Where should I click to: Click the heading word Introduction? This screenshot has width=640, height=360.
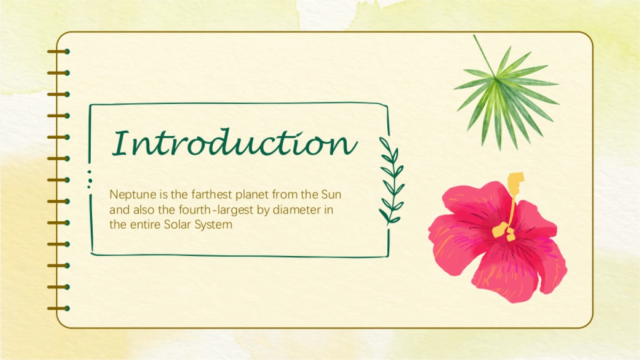(x=234, y=142)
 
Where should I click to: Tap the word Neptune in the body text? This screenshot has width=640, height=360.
(x=133, y=195)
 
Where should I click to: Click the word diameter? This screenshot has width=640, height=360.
(x=297, y=210)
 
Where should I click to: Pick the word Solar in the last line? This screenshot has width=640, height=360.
(x=177, y=225)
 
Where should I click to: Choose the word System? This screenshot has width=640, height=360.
(x=213, y=225)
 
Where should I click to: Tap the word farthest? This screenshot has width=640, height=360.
(x=211, y=195)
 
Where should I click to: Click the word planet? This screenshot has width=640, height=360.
(x=252, y=195)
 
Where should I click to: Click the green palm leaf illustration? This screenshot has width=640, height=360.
(x=506, y=94)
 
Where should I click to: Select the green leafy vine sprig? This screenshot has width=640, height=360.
(x=391, y=181)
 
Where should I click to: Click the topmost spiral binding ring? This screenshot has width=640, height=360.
(x=59, y=51)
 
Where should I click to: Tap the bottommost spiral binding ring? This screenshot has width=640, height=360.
(x=59, y=309)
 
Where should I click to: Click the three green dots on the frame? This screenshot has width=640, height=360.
(x=90, y=179)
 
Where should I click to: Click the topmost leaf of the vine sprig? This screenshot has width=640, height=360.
(x=385, y=143)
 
